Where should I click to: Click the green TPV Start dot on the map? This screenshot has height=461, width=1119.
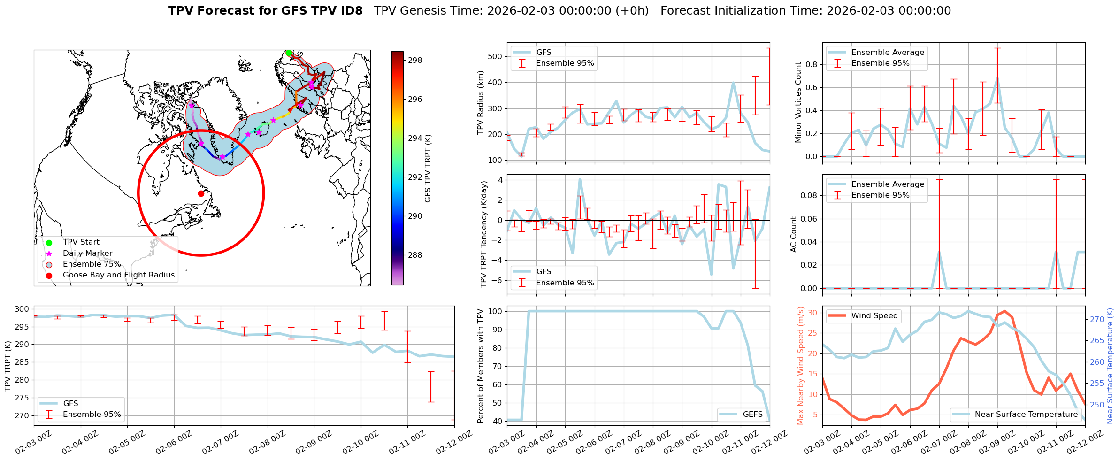(289, 53)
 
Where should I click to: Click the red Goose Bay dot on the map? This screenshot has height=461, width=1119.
(201, 193)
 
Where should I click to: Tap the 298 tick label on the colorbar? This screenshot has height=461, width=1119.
(415, 60)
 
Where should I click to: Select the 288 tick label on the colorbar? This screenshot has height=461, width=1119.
(415, 255)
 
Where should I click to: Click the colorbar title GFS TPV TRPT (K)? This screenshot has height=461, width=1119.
(428, 169)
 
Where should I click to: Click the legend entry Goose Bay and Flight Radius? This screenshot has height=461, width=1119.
(118, 275)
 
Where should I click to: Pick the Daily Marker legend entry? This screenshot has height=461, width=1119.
(87, 254)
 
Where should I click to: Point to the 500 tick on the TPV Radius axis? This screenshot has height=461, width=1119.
(496, 56)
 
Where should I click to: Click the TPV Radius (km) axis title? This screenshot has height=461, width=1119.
(480, 102)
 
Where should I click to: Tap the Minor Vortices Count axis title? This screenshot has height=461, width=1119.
(798, 102)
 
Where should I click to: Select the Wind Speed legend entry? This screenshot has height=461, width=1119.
(874, 316)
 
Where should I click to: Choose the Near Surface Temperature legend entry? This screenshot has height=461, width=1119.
(1026, 414)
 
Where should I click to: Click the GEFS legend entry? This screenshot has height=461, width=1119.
(752, 414)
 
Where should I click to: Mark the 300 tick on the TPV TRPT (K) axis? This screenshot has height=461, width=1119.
(22, 309)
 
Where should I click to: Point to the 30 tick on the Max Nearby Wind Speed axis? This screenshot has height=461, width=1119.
(812, 313)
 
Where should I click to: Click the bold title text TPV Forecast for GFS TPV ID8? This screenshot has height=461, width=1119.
(265, 11)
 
